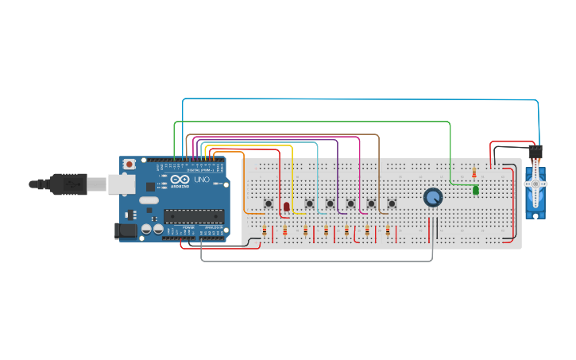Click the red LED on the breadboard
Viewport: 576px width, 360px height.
pyautogui.click(x=287, y=207)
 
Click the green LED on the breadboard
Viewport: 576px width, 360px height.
pyautogui.click(x=476, y=190)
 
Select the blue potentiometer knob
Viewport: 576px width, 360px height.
pyautogui.click(x=433, y=197)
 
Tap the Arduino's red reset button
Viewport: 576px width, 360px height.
pyautogui.click(x=129, y=165)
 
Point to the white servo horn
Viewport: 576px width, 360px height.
pyautogui.click(x=536, y=182)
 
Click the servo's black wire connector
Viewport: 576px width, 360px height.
pyautogui.click(x=535, y=151)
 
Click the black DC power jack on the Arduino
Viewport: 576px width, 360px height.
pyautogui.click(x=125, y=231)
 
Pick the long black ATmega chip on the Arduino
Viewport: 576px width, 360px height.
pyautogui.click(x=193, y=215)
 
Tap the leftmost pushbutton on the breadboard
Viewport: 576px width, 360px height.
pyautogui.click(x=269, y=204)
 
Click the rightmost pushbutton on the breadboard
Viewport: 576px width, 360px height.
pyautogui.click(x=392, y=204)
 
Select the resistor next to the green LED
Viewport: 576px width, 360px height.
pyautogui.click(x=474, y=172)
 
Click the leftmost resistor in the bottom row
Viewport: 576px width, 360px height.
pyautogui.click(x=265, y=230)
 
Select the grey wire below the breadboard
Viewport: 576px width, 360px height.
pyautogui.click(x=318, y=261)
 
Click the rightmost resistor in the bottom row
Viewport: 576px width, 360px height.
pyautogui.click(x=387, y=230)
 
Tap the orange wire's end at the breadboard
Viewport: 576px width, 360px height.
pyautogui.click(x=263, y=213)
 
